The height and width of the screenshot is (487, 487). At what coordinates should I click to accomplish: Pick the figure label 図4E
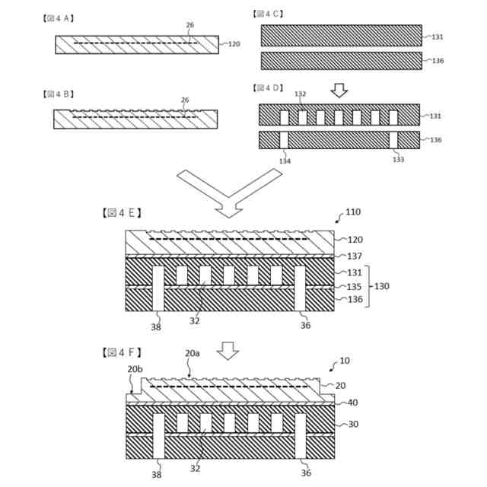coord(121,213)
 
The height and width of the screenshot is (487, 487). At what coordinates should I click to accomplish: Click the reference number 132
coord(301,94)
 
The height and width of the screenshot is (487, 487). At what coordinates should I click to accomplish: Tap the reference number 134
coord(284,161)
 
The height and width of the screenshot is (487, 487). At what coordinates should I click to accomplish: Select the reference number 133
coord(398,160)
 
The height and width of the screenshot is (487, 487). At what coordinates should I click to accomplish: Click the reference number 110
coord(354,212)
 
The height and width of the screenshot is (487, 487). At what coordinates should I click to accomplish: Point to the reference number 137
coord(355,256)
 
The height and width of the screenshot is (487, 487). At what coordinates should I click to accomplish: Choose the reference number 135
coord(355,287)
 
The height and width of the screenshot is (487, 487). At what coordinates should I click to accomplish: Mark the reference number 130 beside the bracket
coord(383,287)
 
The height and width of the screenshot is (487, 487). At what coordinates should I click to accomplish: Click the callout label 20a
coord(192,353)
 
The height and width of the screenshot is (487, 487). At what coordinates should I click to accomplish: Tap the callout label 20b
coord(135,369)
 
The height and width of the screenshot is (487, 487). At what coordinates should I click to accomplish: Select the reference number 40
coord(352,403)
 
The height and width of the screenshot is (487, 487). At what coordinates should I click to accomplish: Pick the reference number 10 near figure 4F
coord(345,360)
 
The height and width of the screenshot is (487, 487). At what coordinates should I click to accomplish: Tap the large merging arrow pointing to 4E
coord(229,190)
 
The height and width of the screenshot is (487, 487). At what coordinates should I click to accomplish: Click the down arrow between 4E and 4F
coord(228,349)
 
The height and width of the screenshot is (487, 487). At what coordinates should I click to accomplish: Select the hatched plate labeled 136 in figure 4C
coord(341,61)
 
